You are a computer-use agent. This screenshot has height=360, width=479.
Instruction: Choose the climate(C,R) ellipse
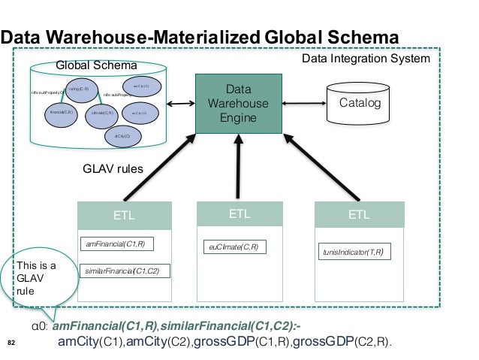tap(102, 113)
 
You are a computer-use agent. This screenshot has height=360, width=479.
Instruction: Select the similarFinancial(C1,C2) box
tap(125, 271)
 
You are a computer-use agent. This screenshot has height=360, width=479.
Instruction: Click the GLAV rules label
tap(113, 170)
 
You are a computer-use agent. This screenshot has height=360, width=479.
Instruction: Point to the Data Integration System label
tap(366, 58)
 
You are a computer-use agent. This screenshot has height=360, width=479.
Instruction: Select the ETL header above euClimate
tap(239, 213)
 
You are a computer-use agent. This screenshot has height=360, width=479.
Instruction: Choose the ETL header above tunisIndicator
tap(359, 214)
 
